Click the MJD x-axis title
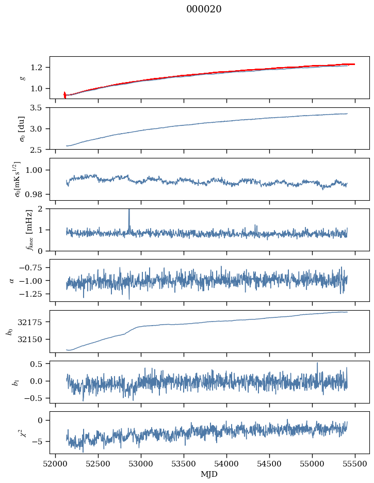(209, 474)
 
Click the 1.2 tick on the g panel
(39, 68)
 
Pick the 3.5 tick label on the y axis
(39, 108)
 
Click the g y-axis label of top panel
(22, 77)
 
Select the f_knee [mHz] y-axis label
(14, 230)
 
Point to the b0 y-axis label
(9, 331)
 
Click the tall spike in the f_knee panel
(129, 212)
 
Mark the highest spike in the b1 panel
(317, 363)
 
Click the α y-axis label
(11, 280)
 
